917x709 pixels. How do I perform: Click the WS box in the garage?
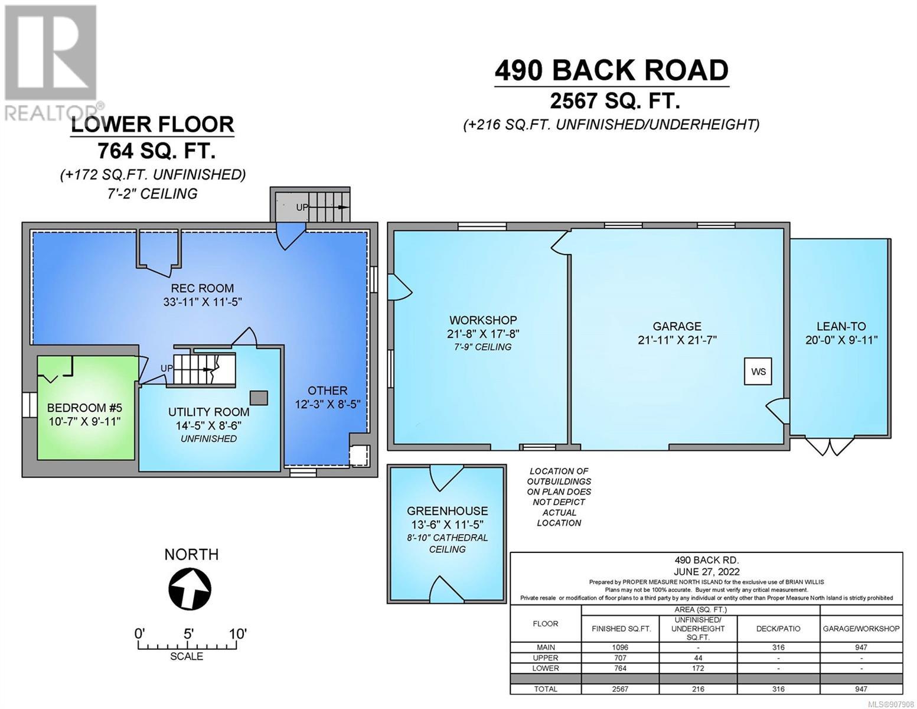pyautogui.click(x=758, y=371)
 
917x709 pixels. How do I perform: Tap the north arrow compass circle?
pyautogui.click(x=190, y=588)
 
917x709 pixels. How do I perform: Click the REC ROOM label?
pyautogui.click(x=202, y=288)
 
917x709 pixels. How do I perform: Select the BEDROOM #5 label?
pyautogui.click(x=84, y=408)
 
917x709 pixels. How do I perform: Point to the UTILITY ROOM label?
pyautogui.click(x=208, y=412)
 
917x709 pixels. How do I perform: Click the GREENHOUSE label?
pyautogui.click(x=448, y=511)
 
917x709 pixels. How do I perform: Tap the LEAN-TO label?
pyautogui.click(x=841, y=326)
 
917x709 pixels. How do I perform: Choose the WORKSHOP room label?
pyautogui.click(x=483, y=320)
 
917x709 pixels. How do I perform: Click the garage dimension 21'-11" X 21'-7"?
pyautogui.click(x=677, y=340)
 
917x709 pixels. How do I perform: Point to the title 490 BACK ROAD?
pyautogui.click(x=612, y=70)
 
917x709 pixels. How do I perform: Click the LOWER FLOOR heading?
pyautogui.click(x=152, y=125)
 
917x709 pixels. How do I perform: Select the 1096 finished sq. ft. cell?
pyautogui.click(x=621, y=648)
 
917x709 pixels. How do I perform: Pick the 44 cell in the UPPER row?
pyautogui.click(x=698, y=658)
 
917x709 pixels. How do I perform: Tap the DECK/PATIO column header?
pyautogui.click(x=778, y=629)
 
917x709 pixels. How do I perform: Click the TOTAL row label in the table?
pyautogui.click(x=545, y=689)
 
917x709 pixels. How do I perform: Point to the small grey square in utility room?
pyautogui.click(x=259, y=398)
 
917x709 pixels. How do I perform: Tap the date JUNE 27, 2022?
pyautogui.click(x=706, y=572)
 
